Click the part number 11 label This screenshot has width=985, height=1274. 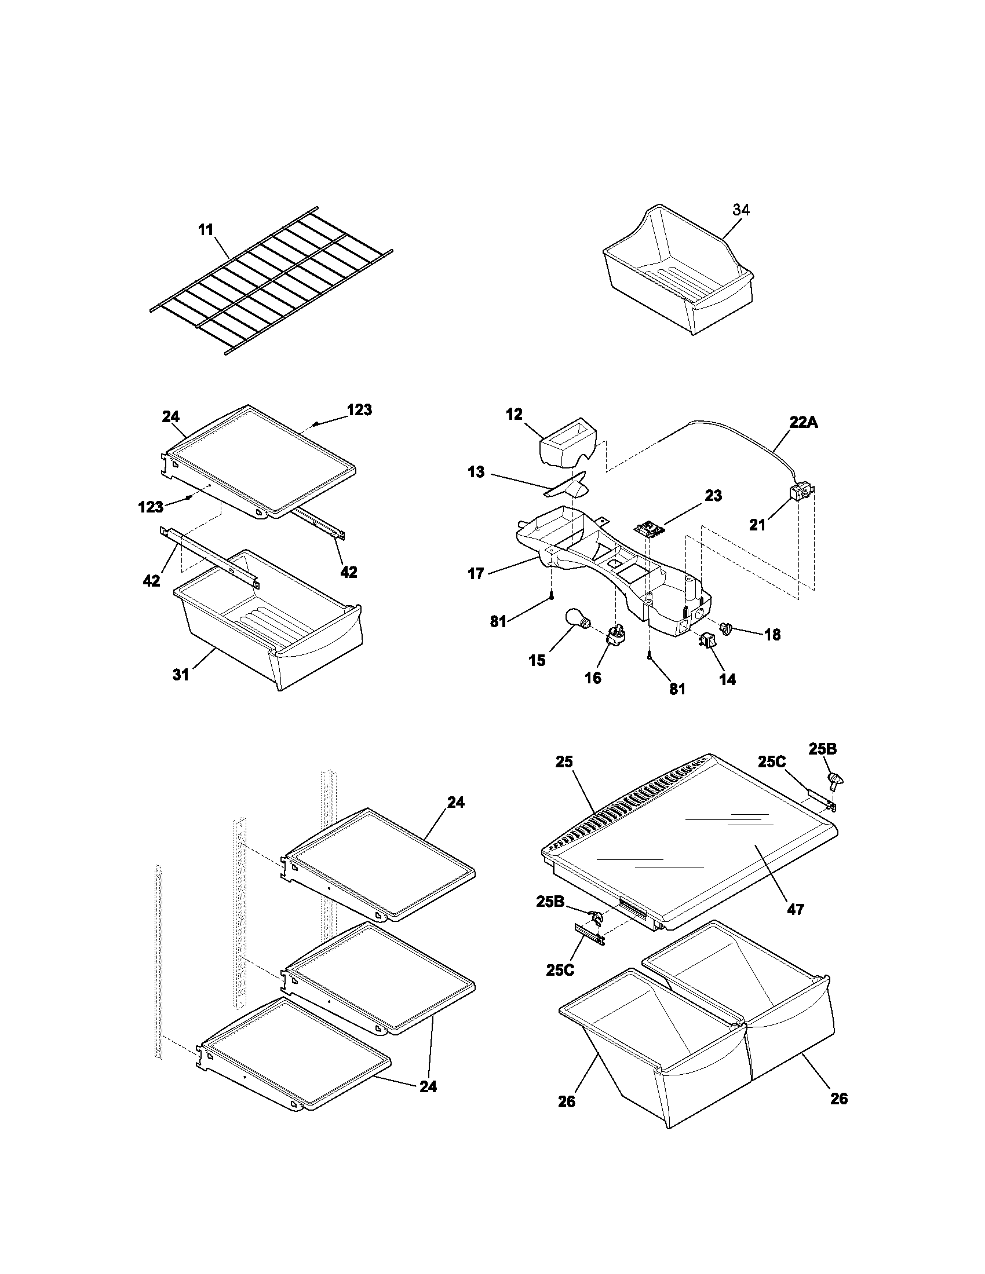click(206, 229)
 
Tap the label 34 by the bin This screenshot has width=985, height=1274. click(740, 210)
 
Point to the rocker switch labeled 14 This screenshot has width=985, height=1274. click(707, 640)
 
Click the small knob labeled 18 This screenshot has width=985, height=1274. click(726, 628)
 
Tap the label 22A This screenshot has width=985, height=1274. click(804, 422)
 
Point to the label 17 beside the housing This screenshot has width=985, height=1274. click(476, 573)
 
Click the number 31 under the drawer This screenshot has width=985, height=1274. click(181, 674)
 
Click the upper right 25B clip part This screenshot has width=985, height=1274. click(836, 779)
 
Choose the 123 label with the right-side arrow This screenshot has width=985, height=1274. click(359, 410)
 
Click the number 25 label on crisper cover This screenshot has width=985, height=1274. click(564, 762)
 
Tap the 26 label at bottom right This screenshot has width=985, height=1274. click(838, 1099)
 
